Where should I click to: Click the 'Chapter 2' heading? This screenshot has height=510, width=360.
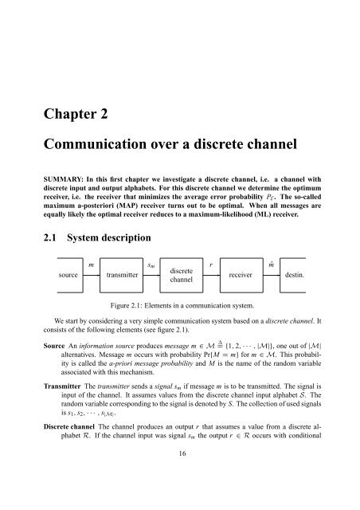(76, 114)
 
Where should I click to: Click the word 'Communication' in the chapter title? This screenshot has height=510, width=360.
(95, 144)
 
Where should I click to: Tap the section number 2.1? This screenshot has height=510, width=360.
(49, 237)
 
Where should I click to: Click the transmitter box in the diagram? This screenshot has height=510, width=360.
(121, 275)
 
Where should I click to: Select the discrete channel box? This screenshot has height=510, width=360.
(182, 275)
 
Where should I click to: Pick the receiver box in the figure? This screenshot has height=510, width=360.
(241, 275)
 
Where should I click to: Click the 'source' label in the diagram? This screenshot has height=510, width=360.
(68, 275)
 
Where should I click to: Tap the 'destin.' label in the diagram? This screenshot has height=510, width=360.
(295, 275)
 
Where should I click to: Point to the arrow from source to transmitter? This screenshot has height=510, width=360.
(92, 275)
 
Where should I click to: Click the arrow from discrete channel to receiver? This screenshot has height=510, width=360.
(212, 275)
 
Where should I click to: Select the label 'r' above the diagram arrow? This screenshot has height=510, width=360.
(211, 265)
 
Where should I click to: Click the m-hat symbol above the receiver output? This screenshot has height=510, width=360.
(272, 265)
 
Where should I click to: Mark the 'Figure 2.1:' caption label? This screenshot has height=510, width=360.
(126, 305)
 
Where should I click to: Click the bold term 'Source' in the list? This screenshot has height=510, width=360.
(54, 346)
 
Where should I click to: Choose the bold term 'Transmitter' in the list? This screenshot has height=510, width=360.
(62, 386)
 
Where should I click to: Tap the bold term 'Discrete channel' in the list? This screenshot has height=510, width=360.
(69, 427)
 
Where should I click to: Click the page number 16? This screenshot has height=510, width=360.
(182, 453)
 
